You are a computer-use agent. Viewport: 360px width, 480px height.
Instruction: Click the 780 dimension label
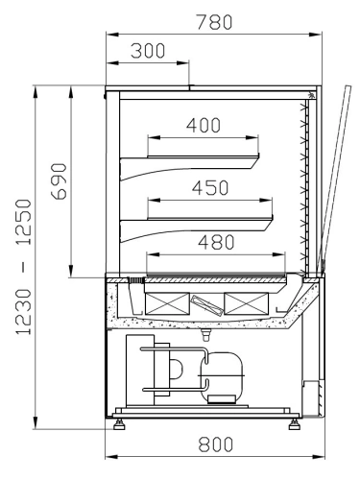coord(214,22)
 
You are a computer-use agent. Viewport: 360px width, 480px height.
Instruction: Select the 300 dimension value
coord(148,51)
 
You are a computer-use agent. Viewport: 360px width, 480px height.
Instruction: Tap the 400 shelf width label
coord(204,125)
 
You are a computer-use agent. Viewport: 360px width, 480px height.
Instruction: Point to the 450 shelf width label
coord(210,188)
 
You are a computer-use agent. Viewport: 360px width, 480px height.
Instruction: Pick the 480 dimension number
coord(216,242)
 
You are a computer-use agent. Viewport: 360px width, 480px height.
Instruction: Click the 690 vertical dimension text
coord(60,181)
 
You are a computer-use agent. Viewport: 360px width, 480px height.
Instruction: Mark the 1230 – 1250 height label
coord(24,267)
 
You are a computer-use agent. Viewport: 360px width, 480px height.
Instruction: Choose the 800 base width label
coord(215,444)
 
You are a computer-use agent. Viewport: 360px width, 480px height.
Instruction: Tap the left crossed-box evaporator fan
coord(167,303)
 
